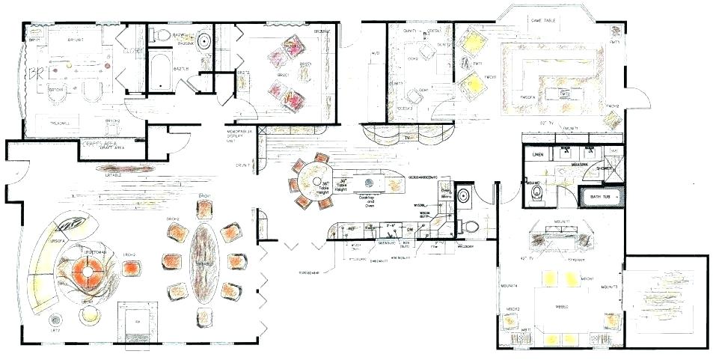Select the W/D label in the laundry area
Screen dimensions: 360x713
click(x=375, y=52)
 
